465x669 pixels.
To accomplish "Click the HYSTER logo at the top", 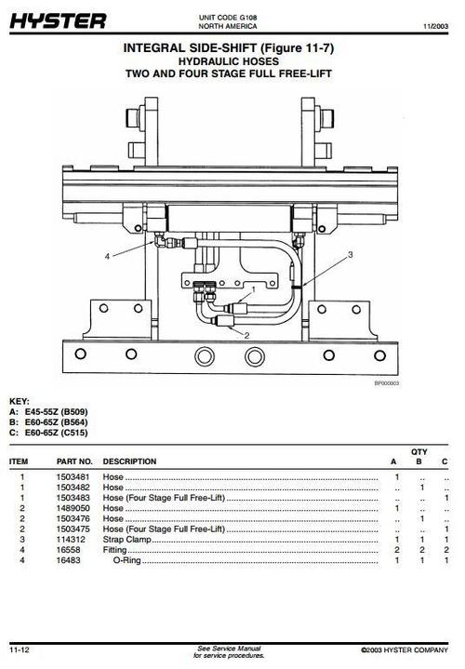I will pos(58,20).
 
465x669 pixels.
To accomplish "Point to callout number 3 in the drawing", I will pos(350,253).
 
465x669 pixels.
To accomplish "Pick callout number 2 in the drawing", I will pos(246,335).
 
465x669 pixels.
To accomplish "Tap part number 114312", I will pos(70,540).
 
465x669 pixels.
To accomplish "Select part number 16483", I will pos(68,561).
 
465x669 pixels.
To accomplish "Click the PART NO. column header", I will pos(74,462).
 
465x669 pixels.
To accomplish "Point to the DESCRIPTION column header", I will pos(129,462).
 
